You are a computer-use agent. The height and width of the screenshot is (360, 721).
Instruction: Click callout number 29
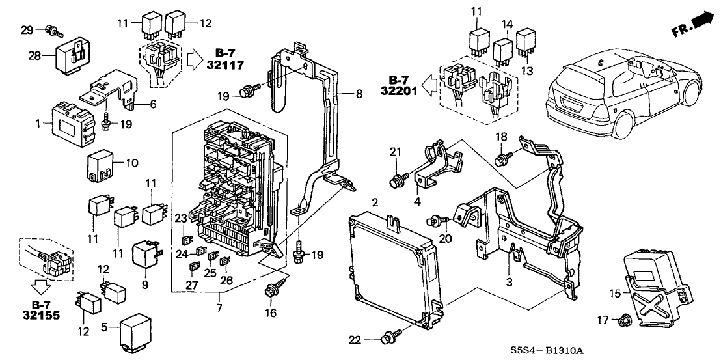(x=26, y=29)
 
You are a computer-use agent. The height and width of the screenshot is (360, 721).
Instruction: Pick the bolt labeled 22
(x=390, y=339)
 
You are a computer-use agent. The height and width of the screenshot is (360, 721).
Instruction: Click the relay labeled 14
(x=503, y=51)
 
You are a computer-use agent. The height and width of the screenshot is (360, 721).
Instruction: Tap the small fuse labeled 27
(x=193, y=266)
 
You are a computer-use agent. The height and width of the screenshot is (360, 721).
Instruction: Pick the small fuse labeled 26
(x=224, y=263)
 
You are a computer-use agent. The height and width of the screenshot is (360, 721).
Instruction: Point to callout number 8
(x=359, y=94)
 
